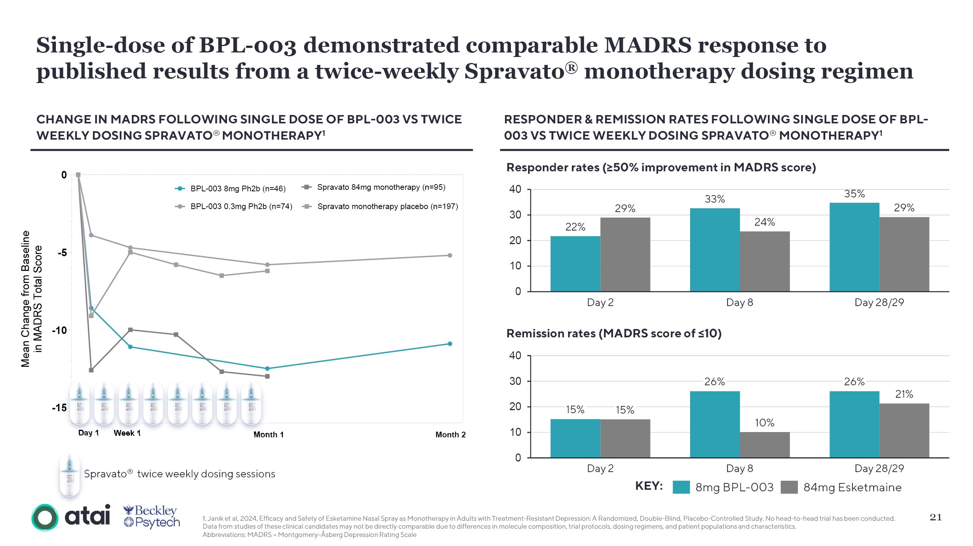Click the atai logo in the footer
pyautogui.click(x=71, y=517)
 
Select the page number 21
pyautogui.click(x=935, y=517)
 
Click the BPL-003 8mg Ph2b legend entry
pyautogui.click(x=230, y=189)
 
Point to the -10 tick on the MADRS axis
pyautogui.click(x=59, y=330)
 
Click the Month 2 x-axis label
pyautogui.click(x=450, y=435)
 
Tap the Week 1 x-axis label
pyautogui.click(x=127, y=433)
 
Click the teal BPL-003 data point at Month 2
pyautogui.click(x=449, y=344)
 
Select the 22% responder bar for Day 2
pyautogui.click(x=575, y=264)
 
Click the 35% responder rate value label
pyautogui.click(x=854, y=194)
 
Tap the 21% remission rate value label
pyautogui.click(x=904, y=394)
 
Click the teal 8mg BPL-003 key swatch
pyautogui.click(x=681, y=487)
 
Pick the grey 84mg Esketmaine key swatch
pyautogui.click(x=789, y=487)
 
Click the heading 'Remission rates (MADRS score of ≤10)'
pyautogui.click(x=614, y=334)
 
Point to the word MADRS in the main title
pyautogui.click(x=648, y=45)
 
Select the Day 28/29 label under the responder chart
pyautogui.click(x=879, y=303)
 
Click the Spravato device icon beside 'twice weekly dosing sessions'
pyautogui.click(x=70, y=475)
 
